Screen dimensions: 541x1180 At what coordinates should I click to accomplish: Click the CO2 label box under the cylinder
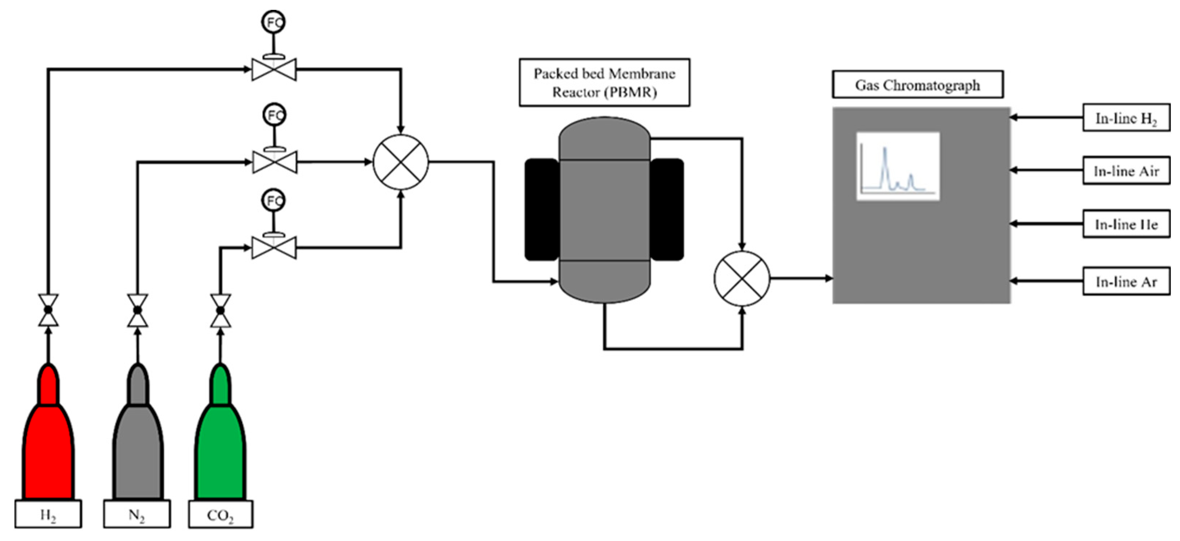click(220, 515)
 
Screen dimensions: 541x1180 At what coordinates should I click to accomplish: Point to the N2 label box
click(137, 515)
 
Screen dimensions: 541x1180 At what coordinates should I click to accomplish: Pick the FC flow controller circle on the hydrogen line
click(273, 22)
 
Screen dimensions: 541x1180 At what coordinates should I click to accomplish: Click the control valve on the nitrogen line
click(275, 162)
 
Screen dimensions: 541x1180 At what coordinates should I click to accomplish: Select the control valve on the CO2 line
click(274, 248)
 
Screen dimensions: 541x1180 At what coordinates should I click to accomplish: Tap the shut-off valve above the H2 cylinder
click(48, 310)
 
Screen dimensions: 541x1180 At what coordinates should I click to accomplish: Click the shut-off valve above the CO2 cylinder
click(220, 310)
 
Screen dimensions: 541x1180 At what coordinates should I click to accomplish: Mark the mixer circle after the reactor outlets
click(742, 278)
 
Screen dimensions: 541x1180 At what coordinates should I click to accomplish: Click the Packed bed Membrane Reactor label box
click(604, 83)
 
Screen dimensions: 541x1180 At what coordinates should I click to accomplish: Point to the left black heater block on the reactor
click(542, 209)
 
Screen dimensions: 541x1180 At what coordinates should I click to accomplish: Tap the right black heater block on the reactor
click(667, 209)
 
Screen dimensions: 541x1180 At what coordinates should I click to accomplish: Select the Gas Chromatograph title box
click(917, 85)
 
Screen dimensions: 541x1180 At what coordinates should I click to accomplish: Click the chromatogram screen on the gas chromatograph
click(898, 166)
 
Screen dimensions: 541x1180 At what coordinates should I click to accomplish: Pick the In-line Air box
click(1126, 171)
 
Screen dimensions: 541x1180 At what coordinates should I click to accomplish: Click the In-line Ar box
click(1126, 281)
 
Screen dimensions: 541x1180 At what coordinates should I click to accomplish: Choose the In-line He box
click(1126, 224)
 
